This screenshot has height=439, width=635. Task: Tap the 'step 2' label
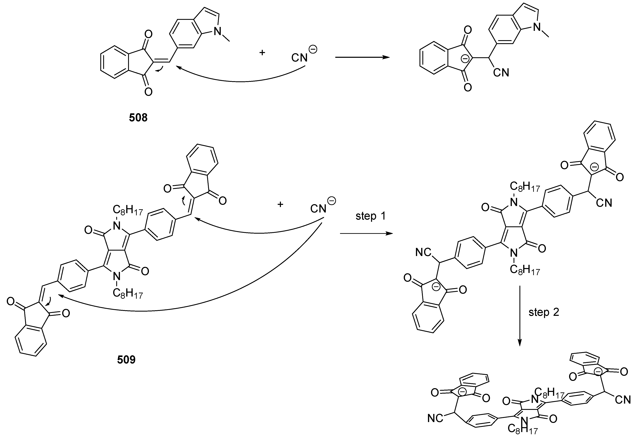(544, 312)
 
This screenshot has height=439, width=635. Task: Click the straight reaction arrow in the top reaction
(362, 57)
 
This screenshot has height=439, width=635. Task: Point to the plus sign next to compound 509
(280, 204)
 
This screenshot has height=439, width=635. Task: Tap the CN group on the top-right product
(501, 73)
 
